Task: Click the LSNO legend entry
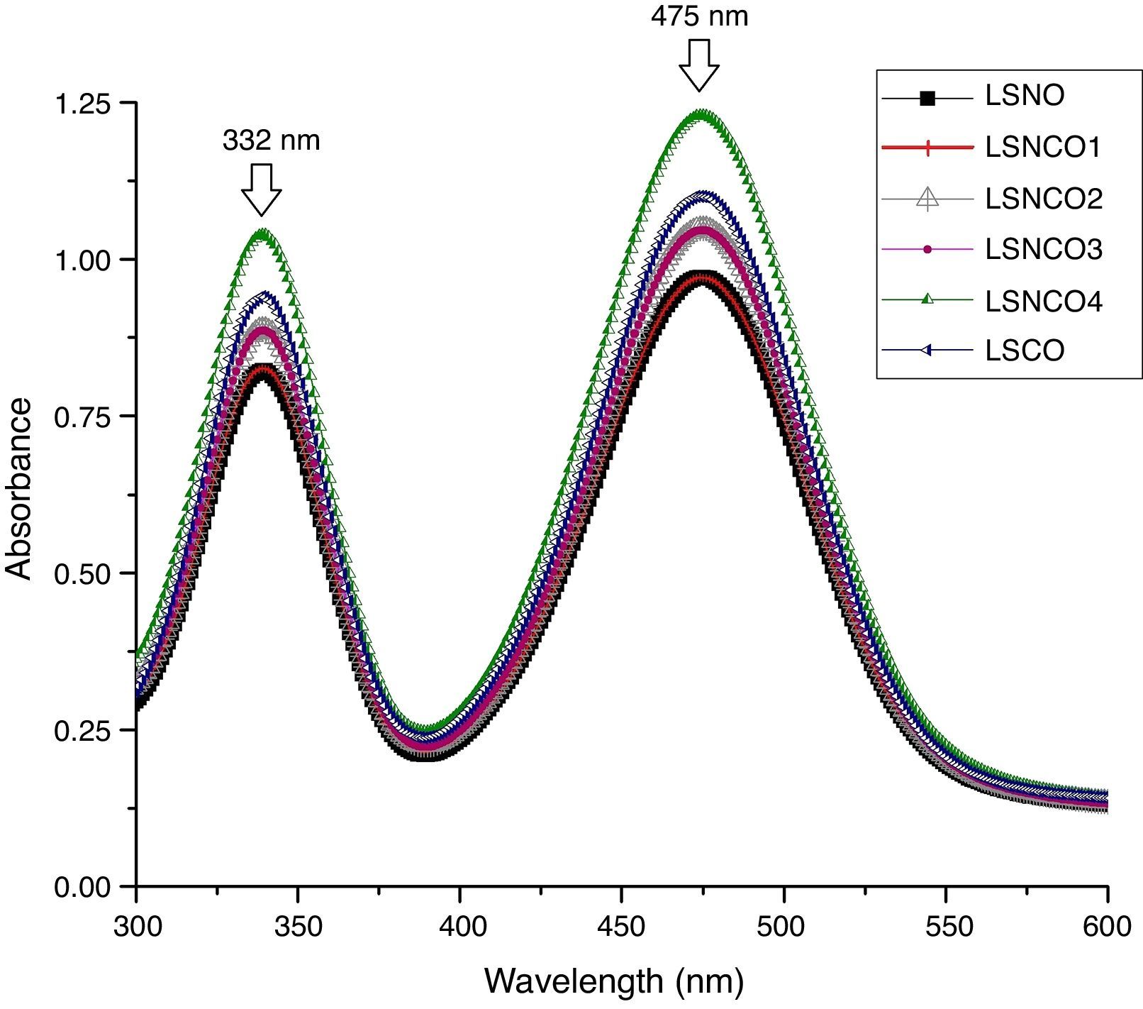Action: (x=1024, y=97)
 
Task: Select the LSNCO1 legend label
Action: (x=1043, y=148)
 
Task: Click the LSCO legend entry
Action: (x=1024, y=351)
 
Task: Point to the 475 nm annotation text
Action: (x=699, y=16)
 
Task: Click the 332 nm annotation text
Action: (x=271, y=140)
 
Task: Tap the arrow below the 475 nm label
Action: (x=699, y=65)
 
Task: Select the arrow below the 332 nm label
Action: (x=262, y=189)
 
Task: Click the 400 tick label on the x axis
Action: (x=459, y=926)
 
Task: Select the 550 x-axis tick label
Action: (x=946, y=926)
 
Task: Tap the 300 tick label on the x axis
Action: (x=136, y=926)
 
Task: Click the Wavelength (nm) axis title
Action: (x=614, y=982)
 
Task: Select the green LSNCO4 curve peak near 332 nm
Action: (x=263, y=233)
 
